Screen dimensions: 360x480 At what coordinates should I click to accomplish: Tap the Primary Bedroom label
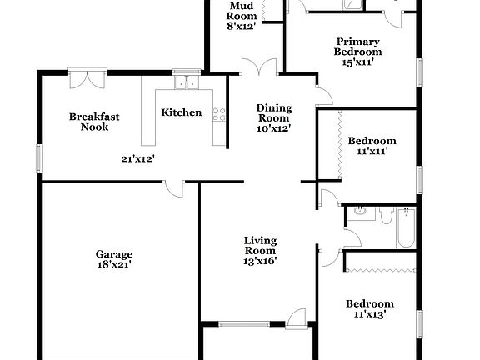coord(358,47)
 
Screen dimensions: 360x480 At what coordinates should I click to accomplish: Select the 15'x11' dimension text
coord(358,61)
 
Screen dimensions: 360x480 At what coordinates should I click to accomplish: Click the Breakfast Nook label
coord(94,122)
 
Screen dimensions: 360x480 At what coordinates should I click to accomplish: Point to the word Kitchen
coord(182,112)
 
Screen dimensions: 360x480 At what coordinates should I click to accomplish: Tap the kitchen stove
coord(220,115)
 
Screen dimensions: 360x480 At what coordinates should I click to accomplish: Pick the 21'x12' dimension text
coord(138,158)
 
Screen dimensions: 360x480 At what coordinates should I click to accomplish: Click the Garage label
coord(114,254)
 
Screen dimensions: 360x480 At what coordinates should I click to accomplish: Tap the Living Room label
coord(260,246)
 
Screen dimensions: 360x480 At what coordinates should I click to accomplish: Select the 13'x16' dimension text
coord(260,261)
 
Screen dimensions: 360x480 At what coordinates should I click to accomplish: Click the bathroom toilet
coord(386,217)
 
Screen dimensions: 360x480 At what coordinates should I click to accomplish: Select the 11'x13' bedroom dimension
coord(370,314)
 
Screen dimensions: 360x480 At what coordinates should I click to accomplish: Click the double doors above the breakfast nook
coord(87,77)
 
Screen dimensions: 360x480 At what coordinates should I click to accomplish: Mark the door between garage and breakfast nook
coord(174,188)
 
